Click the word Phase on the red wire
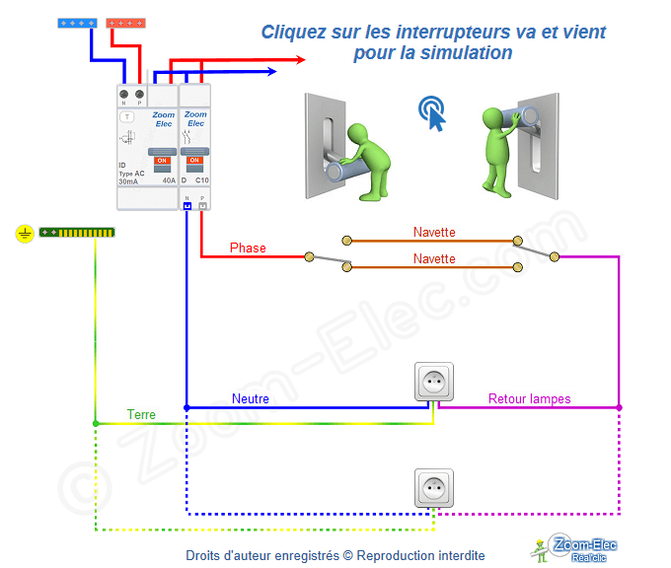coord(248,248)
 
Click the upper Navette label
coord(434,233)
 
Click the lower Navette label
coord(434,258)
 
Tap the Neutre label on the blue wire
coord(251,398)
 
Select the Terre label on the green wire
coord(141,415)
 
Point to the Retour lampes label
coord(529,398)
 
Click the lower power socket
coord(432,487)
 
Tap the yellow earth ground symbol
coord(25,234)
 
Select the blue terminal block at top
coord(76,22)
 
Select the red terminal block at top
coord(125,22)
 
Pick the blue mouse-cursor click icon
coord(432,112)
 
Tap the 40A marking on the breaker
coord(168,181)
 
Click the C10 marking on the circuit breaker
coord(201,181)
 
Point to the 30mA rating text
coord(128,181)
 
